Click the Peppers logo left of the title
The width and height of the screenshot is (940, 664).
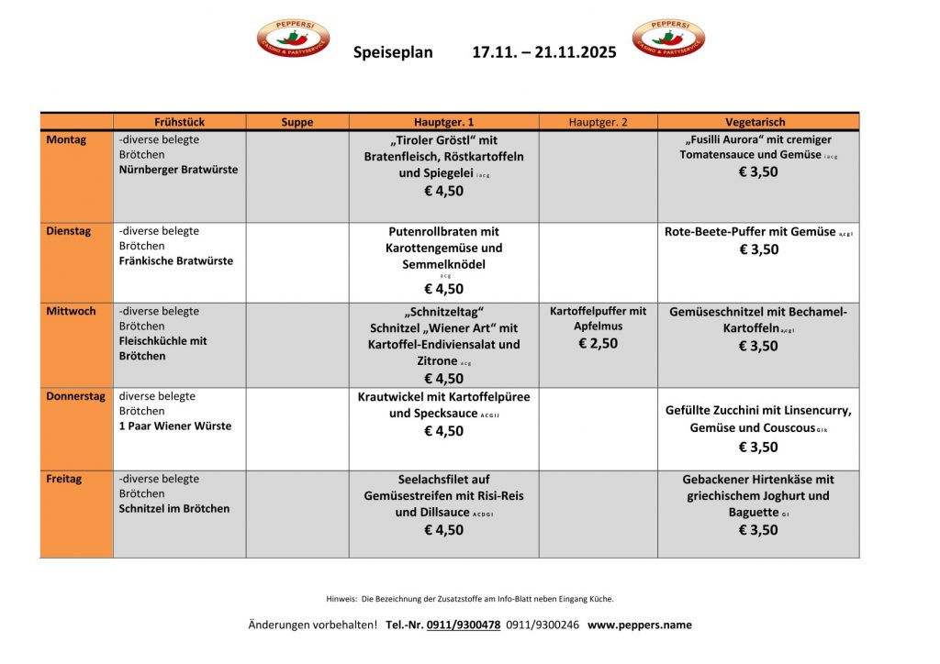pyautogui.click(x=293, y=39)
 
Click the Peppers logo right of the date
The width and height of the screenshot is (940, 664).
pyautogui.click(x=668, y=39)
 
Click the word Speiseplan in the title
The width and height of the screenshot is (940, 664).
pyautogui.click(x=393, y=52)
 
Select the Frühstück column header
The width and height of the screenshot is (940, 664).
pyautogui.click(x=179, y=122)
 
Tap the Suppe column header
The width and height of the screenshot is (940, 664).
pyautogui.click(x=297, y=122)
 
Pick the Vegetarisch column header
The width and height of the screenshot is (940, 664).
pyautogui.click(x=758, y=122)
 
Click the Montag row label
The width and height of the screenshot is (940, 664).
pyautogui.click(x=66, y=140)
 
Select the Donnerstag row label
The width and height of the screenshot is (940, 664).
pyautogui.click(x=75, y=397)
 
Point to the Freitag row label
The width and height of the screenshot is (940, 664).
pyautogui.click(x=64, y=479)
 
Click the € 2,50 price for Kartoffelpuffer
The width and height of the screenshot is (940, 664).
pyautogui.click(x=598, y=343)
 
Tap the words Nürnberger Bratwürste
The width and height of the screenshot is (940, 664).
pyautogui.click(x=178, y=170)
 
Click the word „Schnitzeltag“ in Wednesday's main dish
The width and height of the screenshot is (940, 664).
pyautogui.click(x=443, y=312)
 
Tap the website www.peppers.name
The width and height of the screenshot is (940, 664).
pyautogui.click(x=640, y=625)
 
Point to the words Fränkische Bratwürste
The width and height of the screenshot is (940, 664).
pyautogui.click(x=176, y=260)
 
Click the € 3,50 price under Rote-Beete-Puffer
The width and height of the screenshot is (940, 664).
pyautogui.click(x=758, y=249)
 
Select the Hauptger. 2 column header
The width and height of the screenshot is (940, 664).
pyautogui.click(x=598, y=122)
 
